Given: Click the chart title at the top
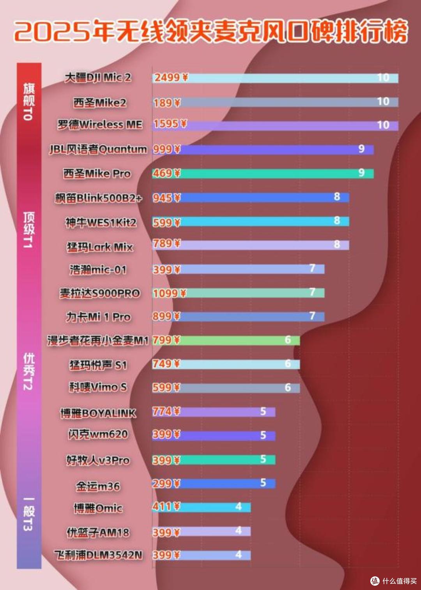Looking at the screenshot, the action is click(x=210, y=31).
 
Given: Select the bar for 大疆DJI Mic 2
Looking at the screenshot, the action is click(x=275, y=78).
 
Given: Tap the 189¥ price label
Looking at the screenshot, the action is click(x=167, y=103).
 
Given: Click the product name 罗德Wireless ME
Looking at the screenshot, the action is click(x=100, y=124).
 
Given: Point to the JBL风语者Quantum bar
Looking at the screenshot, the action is click(x=263, y=150).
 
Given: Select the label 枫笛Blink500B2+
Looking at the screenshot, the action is click(x=98, y=198).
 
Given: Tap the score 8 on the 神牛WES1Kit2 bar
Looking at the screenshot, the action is click(x=337, y=220).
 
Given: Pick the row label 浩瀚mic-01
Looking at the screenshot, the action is click(x=98, y=269).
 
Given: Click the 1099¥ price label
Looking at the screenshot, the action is click(x=170, y=293).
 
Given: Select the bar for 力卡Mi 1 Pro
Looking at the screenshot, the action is click(x=238, y=316).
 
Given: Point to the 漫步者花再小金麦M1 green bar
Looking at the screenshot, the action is click(x=226, y=340).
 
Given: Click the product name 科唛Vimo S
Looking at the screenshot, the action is click(x=98, y=387).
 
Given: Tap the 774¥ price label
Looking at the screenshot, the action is click(x=166, y=411).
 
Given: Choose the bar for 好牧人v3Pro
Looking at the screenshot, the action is click(x=214, y=460).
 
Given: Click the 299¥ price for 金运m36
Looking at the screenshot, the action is click(x=166, y=483).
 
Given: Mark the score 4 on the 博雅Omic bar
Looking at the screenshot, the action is click(x=239, y=506).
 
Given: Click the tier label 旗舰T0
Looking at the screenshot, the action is click(x=29, y=101).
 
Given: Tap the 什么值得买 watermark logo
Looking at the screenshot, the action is click(x=394, y=580).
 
